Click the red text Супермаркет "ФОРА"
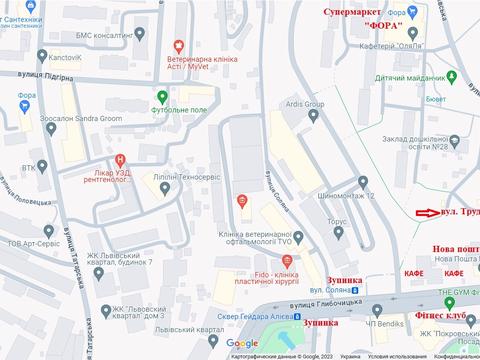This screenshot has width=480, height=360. click(369, 17)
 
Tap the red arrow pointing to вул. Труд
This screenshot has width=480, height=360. click(428, 213)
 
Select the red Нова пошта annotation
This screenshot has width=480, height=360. click(455, 249)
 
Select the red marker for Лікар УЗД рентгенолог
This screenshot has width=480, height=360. click(121, 160)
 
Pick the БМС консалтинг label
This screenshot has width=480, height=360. click(108, 35)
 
